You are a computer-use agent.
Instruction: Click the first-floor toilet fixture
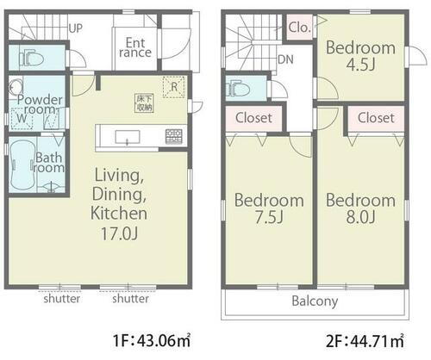(31, 58)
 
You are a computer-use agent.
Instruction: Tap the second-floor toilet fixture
(238, 88)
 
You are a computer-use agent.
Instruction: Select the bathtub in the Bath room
(22, 165)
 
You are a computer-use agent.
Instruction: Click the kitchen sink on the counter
(128, 137)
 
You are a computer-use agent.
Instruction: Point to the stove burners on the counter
(173, 137)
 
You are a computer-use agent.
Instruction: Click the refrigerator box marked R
(173, 87)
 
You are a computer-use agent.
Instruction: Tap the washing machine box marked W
(22, 118)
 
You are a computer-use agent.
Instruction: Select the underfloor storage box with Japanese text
(145, 102)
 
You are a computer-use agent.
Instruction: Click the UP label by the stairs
(76, 28)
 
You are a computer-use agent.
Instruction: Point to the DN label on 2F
(285, 59)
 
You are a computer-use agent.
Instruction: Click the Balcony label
(315, 301)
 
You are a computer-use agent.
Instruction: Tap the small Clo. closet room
(299, 28)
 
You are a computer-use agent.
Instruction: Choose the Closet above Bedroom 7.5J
(253, 118)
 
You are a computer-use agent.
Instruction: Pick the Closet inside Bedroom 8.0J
(376, 118)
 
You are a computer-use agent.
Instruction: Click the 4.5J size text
(360, 65)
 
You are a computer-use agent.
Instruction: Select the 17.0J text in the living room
(119, 233)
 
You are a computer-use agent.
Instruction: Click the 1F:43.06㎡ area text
(152, 341)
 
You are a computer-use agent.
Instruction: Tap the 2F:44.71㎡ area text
(365, 341)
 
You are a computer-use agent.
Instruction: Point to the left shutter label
(62, 299)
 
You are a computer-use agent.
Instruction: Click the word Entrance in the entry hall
(135, 47)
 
